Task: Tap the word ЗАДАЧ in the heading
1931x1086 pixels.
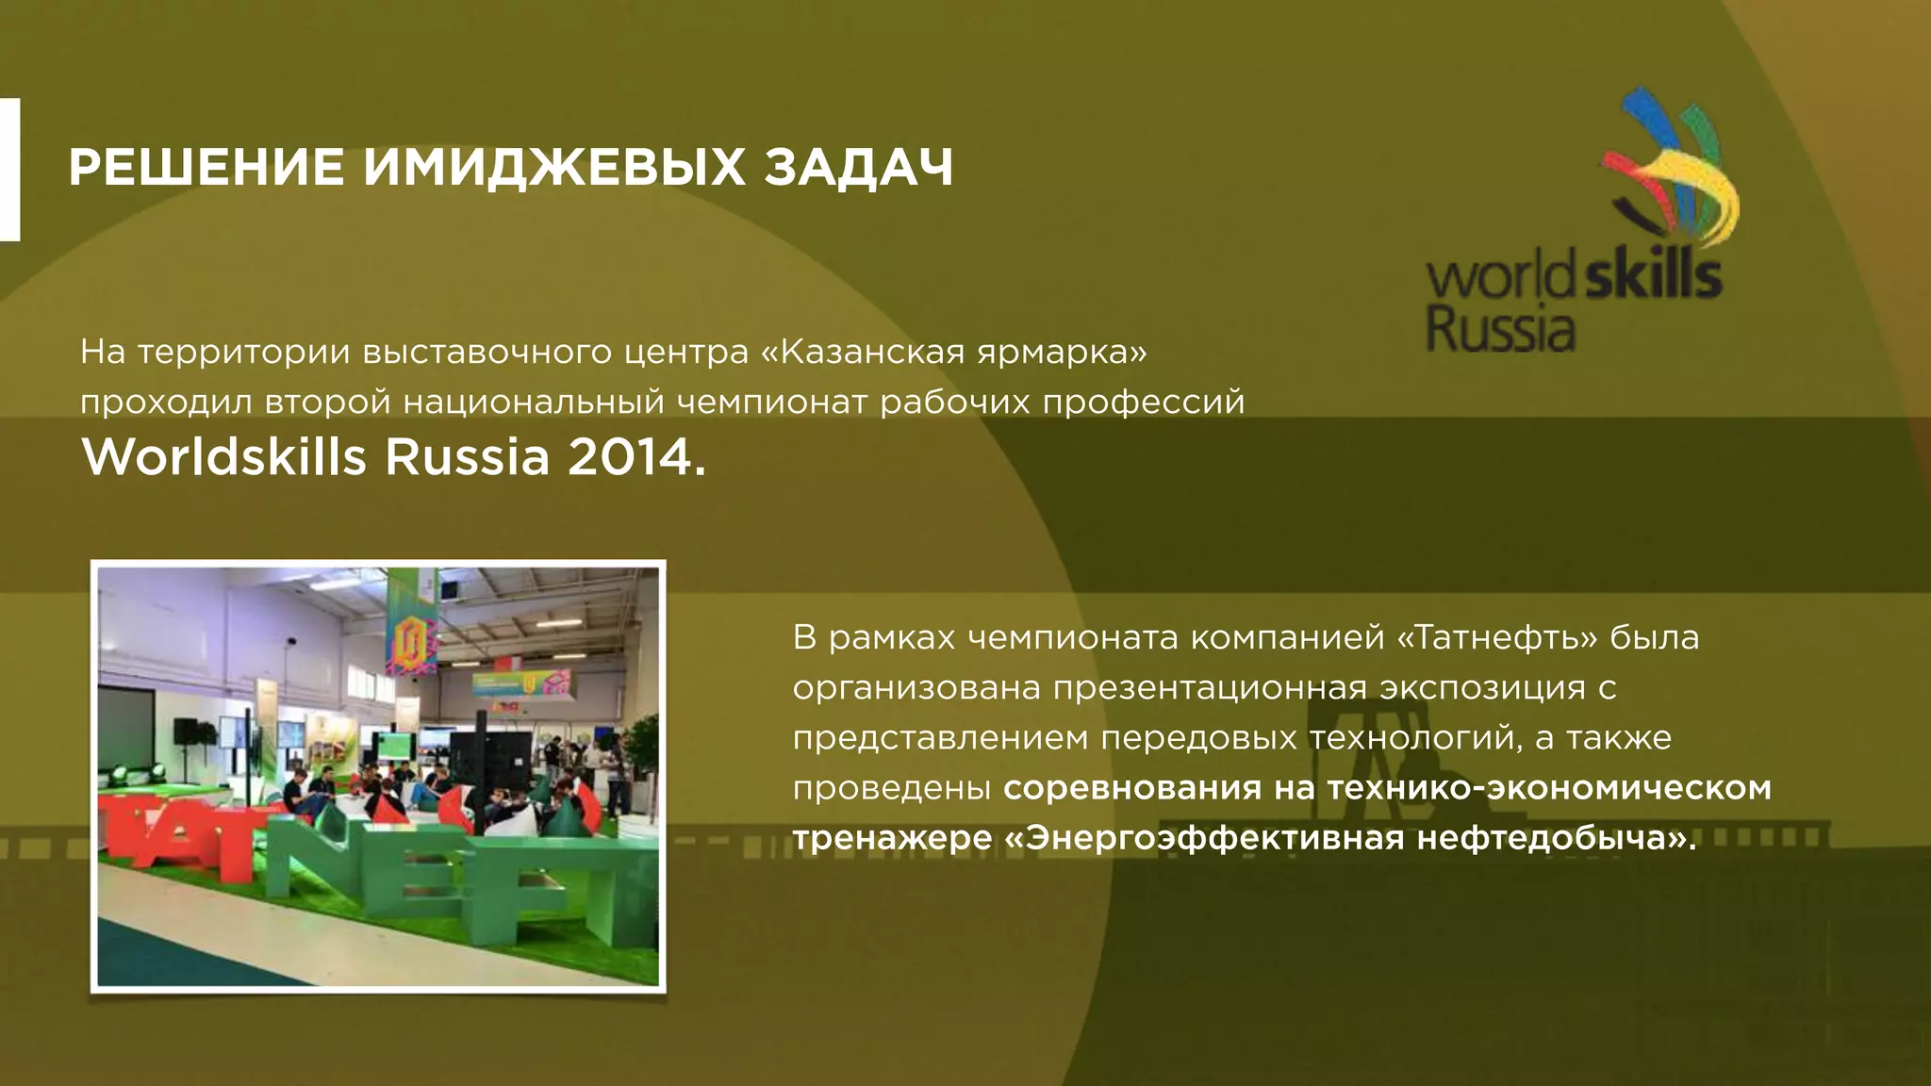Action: pos(858,168)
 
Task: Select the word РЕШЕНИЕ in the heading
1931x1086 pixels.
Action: pos(206,168)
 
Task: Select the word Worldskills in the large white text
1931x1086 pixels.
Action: pos(224,457)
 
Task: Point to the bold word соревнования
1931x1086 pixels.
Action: pos(1131,787)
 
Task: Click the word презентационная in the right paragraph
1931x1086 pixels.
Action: pos(1210,688)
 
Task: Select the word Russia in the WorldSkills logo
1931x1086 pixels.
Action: pos(1500,330)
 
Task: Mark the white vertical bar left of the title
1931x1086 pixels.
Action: pos(9,170)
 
